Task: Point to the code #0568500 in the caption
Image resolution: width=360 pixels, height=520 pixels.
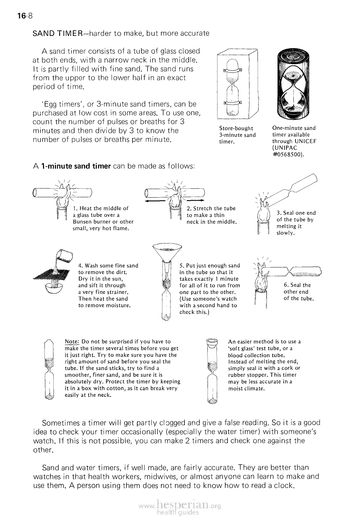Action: click(288, 154)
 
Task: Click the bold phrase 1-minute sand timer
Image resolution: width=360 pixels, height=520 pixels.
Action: click(76, 166)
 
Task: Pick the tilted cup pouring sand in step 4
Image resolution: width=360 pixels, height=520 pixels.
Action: click(65, 256)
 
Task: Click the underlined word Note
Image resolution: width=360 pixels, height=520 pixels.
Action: click(71, 342)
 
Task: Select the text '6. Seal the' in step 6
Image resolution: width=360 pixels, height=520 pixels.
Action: click(297, 285)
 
